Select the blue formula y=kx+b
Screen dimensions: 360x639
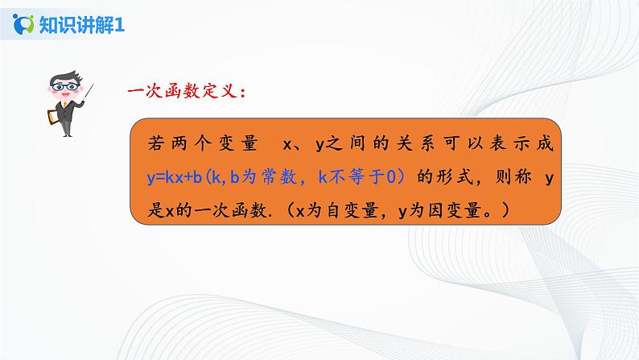[x=175, y=178]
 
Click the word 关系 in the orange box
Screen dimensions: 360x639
[x=409, y=144]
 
